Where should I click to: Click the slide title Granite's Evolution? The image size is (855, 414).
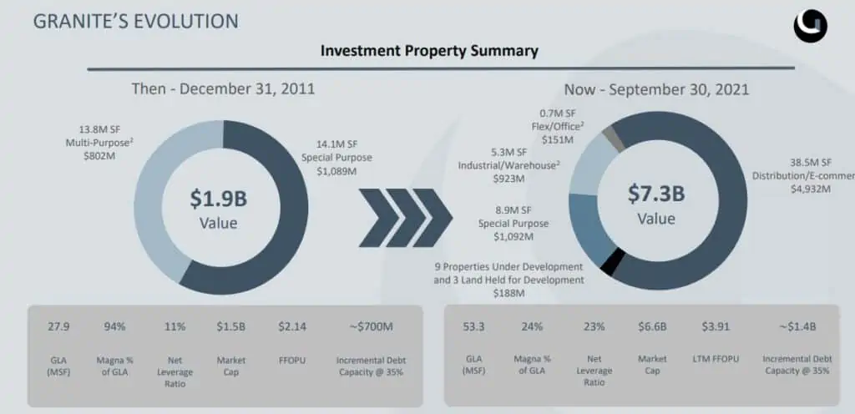point(135,21)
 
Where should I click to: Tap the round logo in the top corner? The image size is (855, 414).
point(810,26)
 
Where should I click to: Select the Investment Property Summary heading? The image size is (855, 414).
point(429,51)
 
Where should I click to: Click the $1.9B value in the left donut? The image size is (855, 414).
point(218,199)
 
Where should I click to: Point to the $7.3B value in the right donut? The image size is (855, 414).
point(656,194)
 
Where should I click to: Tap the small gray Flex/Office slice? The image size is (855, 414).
point(616,139)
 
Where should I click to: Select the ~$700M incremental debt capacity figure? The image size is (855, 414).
point(370,326)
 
